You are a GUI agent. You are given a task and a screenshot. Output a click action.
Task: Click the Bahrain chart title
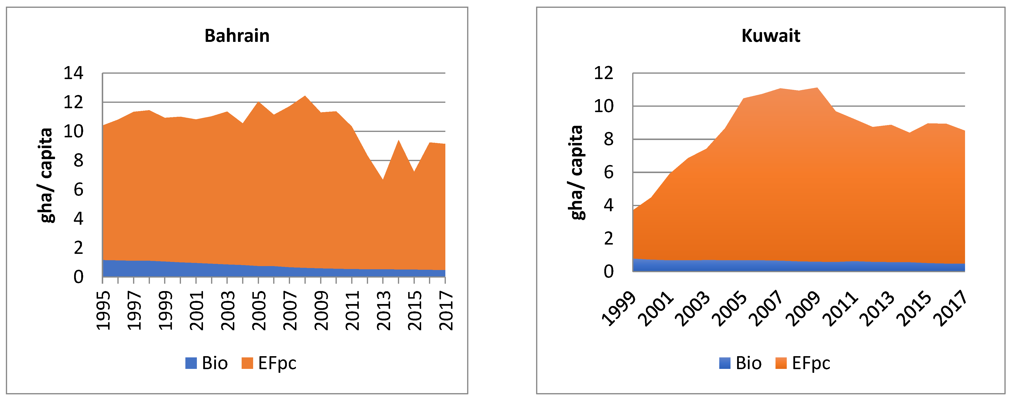pyautogui.click(x=237, y=36)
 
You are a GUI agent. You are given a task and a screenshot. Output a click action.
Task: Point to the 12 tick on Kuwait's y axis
pyautogui.click(x=603, y=73)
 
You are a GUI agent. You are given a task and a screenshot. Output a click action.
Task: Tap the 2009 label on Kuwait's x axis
pyautogui.click(x=805, y=309)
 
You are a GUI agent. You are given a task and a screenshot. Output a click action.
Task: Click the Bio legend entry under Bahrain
pyautogui.click(x=207, y=363)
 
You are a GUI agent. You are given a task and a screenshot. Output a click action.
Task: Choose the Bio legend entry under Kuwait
pyautogui.click(x=741, y=363)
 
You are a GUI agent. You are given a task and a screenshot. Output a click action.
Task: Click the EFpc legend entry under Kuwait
pyautogui.click(x=803, y=363)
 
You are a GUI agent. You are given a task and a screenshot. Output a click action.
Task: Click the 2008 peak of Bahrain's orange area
pyautogui.click(x=305, y=96)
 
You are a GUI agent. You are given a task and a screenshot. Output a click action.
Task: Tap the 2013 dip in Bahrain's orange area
pyautogui.click(x=383, y=180)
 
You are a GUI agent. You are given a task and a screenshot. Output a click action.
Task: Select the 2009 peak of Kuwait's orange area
pyautogui.click(x=817, y=88)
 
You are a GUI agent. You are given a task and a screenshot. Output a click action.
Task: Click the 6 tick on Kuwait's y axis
pyautogui.click(x=608, y=172)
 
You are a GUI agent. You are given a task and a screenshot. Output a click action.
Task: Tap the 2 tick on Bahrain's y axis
pyautogui.click(x=78, y=248)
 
